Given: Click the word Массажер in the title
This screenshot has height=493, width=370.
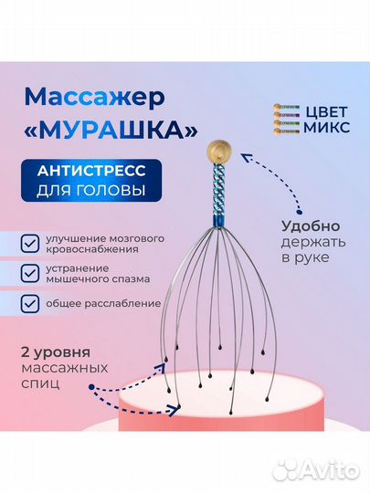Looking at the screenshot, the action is pyautogui.click(x=94, y=98).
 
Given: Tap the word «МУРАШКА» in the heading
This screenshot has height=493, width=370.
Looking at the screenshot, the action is pyautogui.click(x=111, y=130).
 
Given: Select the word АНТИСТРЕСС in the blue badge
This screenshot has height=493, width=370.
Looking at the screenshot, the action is pyautogui.click(x=91, y=171).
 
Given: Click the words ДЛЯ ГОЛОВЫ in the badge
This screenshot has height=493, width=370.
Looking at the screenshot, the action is pyautogui.click(x=91, y=190).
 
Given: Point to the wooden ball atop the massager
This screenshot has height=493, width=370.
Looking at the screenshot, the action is pyautogui.click(x=219, y=151).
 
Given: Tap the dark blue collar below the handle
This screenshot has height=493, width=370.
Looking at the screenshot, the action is pyautogui.click(x=219, y=223).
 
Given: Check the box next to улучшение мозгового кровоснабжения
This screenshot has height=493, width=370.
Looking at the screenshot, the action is pyautogui.click(x=30, y=244).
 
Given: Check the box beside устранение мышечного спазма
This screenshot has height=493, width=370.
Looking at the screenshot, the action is pyautogui.click(x=30, y=273).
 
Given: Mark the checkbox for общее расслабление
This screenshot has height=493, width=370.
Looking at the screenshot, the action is pyautogui.click(x=30, y=304).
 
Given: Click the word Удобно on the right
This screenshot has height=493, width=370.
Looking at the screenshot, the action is pyautogui.click(x=311, y=226).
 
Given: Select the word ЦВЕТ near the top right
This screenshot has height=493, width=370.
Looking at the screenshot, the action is pyautogui.click(x=325, y=111).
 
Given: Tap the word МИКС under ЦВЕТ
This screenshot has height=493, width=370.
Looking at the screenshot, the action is pyautogui.click(x=326, y=127).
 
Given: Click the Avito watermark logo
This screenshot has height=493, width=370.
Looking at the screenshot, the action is pyautogui.click(x=316, y=471).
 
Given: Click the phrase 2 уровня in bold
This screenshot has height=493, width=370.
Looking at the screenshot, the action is pyautogui.click(x=56, y=352).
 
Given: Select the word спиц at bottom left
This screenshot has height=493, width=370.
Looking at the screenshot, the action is pyautogui.click(x=40, y=383).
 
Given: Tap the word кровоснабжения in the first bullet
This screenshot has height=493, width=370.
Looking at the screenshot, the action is pyautogui.click(x=92, y=249).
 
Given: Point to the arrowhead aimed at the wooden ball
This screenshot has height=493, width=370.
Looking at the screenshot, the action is pyautogui.click(x=245, y=157).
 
